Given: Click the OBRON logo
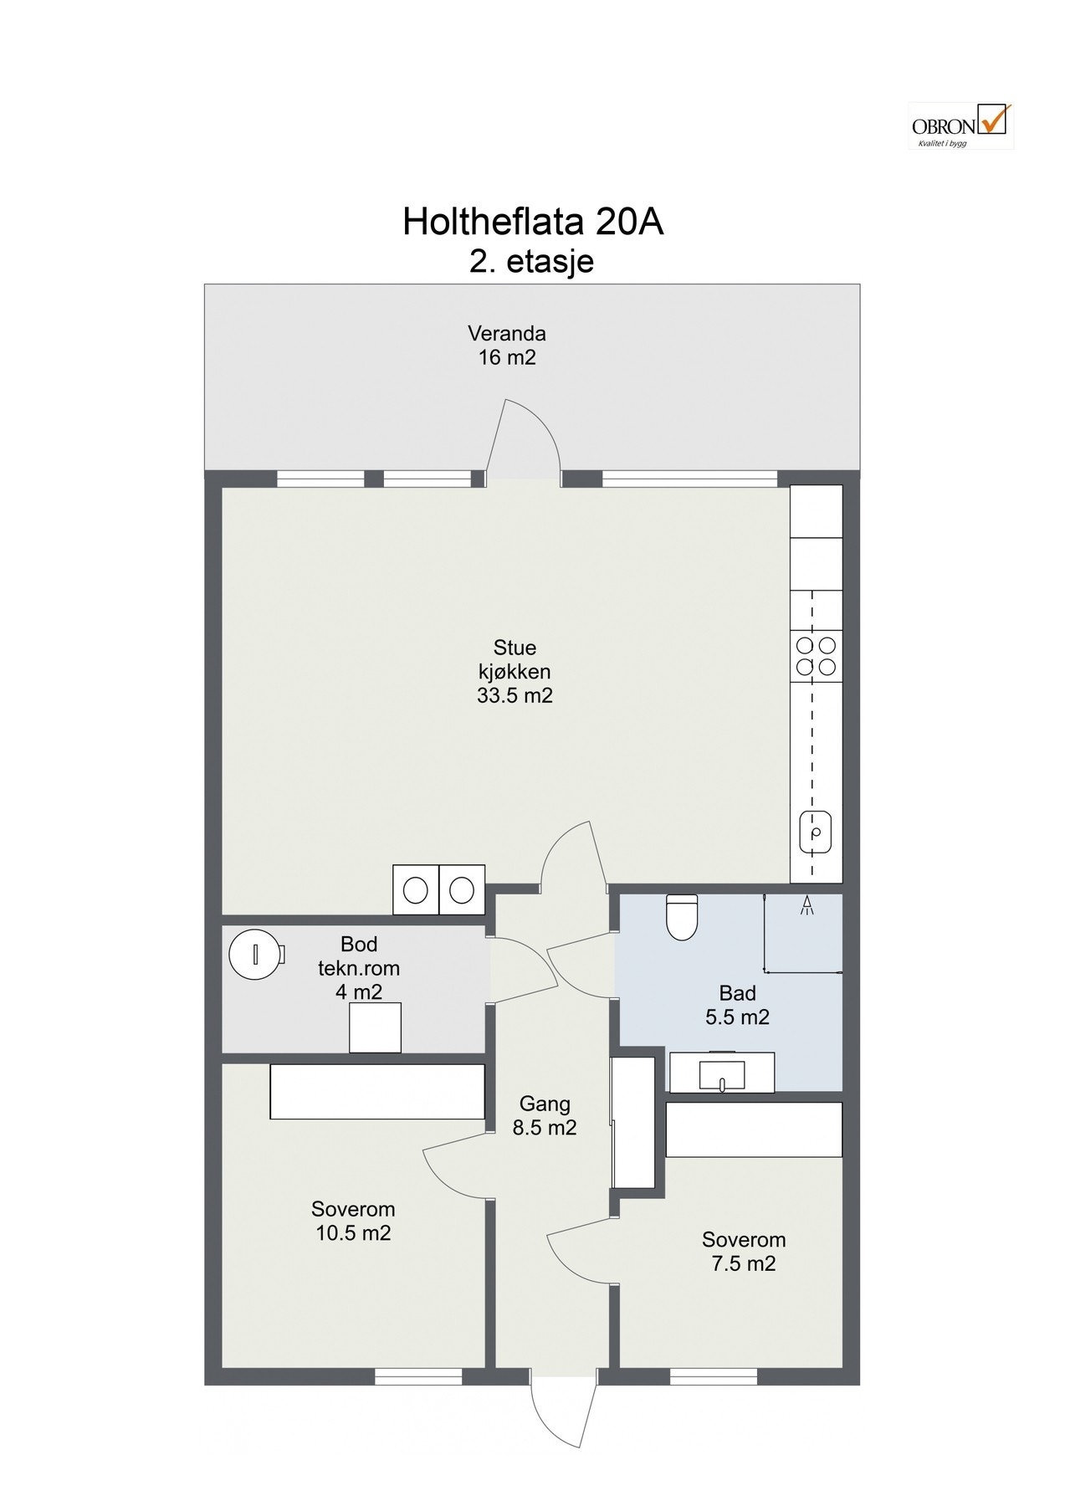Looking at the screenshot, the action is coord(960,125).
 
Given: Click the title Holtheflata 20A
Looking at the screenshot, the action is coord(533,223).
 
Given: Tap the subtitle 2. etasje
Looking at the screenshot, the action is coord(532,262).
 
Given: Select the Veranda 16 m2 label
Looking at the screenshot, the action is coord(507,346).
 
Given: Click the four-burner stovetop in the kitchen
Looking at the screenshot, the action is coord(816,656).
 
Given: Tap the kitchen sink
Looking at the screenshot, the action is coord(816,832).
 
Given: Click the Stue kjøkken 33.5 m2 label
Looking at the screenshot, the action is coord(515,671).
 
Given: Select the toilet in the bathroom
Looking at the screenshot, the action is coord(681,918).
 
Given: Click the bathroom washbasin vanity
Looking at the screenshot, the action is coord(723,1072).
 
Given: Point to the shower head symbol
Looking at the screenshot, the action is coord(808,906).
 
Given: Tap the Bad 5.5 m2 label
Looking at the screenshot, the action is coord(738,1005).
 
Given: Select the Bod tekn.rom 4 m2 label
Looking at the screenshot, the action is coord(359,968).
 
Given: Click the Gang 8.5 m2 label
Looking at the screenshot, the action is coord(545,1115).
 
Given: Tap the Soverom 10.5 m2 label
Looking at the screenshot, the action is coord(353,1221).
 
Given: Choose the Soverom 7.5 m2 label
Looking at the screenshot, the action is coord(744,1251).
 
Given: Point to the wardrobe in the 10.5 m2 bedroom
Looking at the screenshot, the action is coord(377,1091).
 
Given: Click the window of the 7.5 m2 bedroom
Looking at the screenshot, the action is coord(714,1376).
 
